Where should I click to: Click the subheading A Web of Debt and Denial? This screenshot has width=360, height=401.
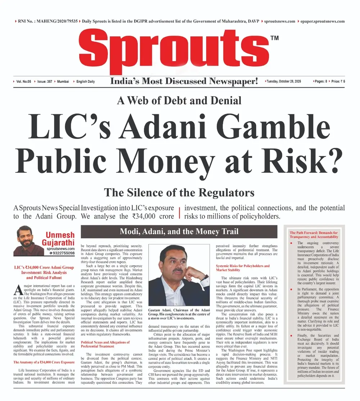[x=179, y=100]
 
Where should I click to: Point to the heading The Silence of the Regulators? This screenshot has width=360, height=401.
[x=179, y=193]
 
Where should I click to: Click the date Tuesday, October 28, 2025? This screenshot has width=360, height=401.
[x=283, y=81]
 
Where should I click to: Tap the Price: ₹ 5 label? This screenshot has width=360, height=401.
[x=338, y=81]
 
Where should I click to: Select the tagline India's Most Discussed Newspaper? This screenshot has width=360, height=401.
[x=184, y=81]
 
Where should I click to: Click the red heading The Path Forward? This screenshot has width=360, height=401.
[x=314, y=235]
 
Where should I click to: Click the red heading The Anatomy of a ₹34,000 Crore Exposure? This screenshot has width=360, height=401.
[x=44, y=362]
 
